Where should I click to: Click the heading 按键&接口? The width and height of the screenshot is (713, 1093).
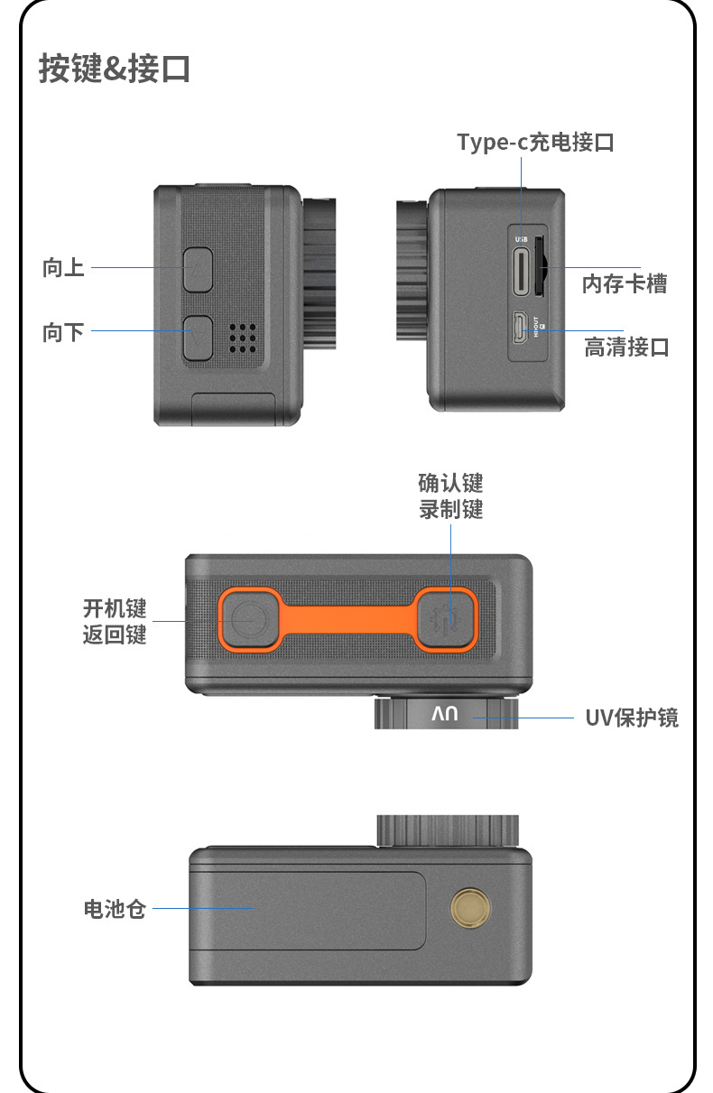tap(115, 69)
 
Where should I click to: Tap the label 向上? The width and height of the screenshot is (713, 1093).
tap(63, 268)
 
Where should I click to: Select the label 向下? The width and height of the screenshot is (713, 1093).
tap(63, 332)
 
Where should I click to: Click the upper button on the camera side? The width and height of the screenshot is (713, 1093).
tap(199, 270)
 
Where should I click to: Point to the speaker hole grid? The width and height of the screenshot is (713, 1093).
tap(243, 338)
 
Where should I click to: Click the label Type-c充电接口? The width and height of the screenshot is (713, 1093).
tap(535, 143)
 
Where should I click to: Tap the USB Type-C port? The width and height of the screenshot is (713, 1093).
tap(521, 272)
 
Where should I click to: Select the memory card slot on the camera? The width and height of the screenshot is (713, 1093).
tap(540, 266)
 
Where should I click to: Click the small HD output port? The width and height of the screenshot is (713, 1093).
tap(520, 328)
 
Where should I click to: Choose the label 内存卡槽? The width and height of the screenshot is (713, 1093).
tap(625, 284)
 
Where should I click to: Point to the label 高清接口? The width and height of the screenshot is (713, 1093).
tap(626, 347)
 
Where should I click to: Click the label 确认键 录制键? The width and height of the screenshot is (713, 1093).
tap(450, 496)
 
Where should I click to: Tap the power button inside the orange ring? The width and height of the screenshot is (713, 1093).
tap(249, 620)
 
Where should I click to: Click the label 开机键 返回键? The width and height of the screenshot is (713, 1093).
tap(115, 622)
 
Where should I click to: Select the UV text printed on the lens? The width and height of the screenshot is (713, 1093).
tap(445, 714)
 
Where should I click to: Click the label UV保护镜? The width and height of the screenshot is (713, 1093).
tap(632, 718)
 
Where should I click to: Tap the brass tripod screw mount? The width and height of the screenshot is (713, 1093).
tap(470, 908)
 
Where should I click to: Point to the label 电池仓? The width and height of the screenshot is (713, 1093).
tap(115, 909)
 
